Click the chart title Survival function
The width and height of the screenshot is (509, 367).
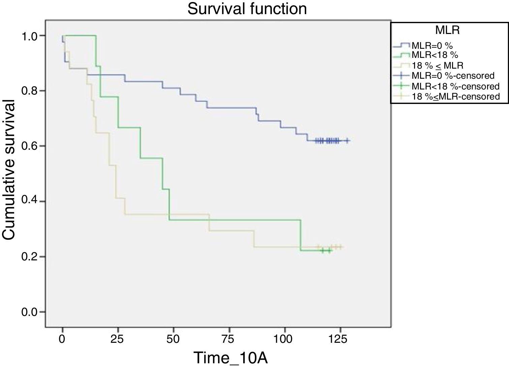247,9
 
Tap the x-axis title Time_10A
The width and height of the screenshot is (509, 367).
230,357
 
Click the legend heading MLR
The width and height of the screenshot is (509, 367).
447,30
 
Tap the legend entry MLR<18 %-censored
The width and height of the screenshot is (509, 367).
455,86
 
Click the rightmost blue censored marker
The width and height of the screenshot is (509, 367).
347,141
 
